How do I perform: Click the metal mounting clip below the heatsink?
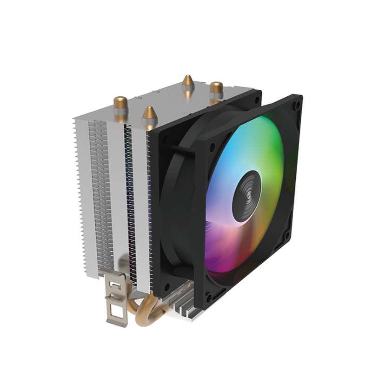click(x=115, y=300)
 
